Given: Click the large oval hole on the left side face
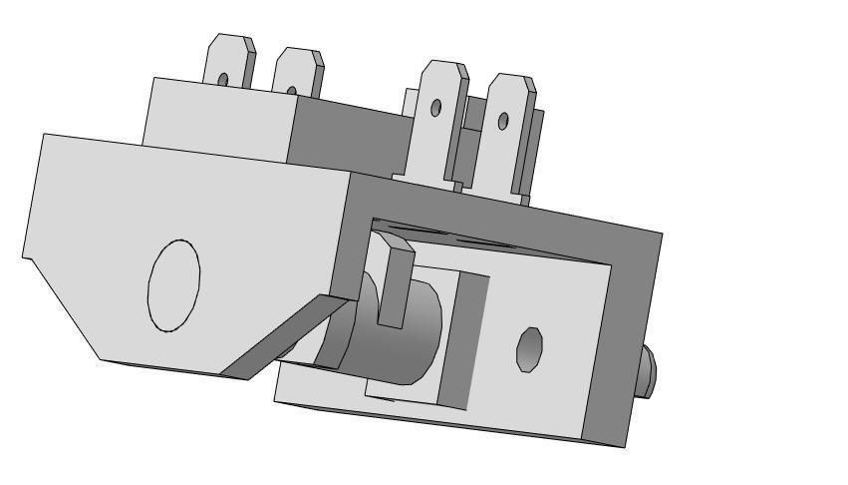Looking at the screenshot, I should point(173,285).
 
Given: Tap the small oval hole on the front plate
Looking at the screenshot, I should point(528,348).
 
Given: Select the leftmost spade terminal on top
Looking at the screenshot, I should point(228,63).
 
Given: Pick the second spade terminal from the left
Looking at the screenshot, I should point(297,73).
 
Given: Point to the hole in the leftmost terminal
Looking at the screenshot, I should point(222,78).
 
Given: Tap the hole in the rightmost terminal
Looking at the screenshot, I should point(503,121).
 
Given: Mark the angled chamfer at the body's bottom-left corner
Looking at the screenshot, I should point(60,309).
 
